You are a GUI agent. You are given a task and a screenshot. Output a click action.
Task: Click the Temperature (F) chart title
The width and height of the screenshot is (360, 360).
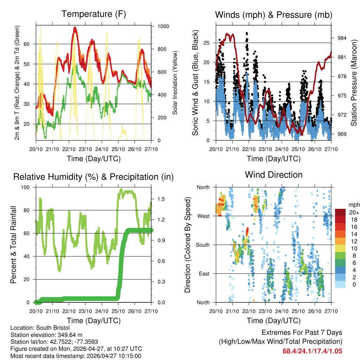[94, 14]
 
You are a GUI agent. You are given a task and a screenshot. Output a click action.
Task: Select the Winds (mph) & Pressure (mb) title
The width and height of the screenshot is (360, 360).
[274, 15]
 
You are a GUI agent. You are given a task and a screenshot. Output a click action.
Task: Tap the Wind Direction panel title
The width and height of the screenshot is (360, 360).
[274, 175]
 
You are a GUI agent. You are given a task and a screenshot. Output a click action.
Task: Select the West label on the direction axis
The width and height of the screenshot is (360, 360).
[203, 216]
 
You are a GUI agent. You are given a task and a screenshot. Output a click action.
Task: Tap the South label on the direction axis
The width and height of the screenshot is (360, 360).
[202, 245]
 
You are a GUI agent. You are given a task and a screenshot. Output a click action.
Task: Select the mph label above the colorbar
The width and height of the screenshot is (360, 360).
[354, 205]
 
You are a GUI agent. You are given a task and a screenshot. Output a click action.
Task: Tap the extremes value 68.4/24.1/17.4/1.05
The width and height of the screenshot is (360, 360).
[312, 351]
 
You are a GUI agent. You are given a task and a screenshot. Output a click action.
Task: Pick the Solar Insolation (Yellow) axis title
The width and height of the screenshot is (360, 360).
[175, 83]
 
